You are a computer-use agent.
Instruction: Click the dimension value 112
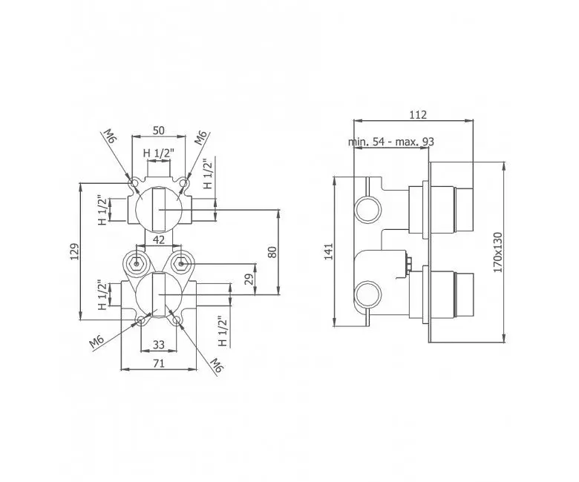[418, 115]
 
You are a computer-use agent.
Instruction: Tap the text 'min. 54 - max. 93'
[391, 142]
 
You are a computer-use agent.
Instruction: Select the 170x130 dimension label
[498, 252]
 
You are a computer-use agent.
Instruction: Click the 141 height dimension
[329, 251]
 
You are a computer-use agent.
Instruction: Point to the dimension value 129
[75, 251]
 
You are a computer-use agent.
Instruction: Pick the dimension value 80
[272, 252]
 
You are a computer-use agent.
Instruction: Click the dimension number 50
[158, 131]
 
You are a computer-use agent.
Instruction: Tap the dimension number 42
[158, 240]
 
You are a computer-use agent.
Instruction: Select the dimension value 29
[250, 279]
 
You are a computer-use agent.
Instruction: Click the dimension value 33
[158, 344]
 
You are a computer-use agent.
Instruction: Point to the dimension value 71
[158, 363]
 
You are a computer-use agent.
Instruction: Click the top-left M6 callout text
[110, 137]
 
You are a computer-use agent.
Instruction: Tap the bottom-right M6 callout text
[217, 365]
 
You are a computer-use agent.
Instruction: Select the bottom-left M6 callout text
[96, 342]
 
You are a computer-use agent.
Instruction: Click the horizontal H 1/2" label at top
[158, 153]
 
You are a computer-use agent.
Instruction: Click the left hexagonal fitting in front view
[137, 264]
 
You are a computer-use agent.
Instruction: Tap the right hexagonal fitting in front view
[180, 264]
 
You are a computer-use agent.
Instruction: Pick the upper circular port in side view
[368, 209]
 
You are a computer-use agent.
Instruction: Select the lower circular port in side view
[368, 294]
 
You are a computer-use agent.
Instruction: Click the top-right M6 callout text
[202, 138]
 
